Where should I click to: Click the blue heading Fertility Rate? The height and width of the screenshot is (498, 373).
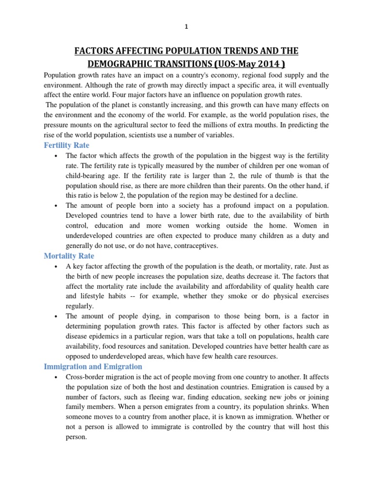tap(67, 145)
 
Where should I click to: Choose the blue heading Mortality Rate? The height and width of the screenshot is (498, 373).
tap(69, 256)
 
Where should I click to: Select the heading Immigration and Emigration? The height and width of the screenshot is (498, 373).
tap(93, 366)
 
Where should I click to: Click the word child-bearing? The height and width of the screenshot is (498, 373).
tap(86, 176)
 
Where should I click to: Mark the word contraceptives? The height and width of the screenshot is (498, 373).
tap(193, 246)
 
